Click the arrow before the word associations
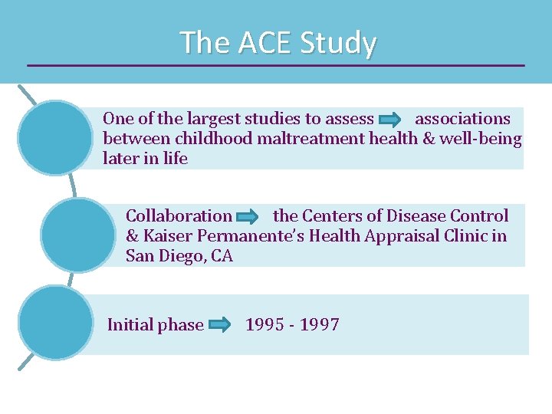390,120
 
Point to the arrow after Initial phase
220,325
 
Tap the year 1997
320,324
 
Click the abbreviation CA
222,256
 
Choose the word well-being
481,139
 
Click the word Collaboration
179,216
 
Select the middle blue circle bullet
77,235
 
